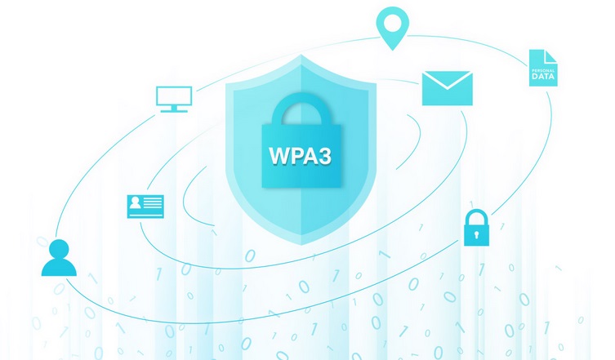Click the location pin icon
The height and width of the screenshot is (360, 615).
(x=391, y=26)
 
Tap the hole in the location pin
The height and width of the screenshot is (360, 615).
(x=391, y=20)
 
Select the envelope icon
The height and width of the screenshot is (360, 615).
(x=447, y=88)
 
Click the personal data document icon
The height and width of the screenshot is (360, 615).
(x=542, y=68)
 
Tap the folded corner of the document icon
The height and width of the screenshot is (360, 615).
(x=552, y=55)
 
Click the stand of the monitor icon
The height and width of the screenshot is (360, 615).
(x=174, y=109)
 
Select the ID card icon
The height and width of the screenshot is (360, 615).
(x=145, y=206)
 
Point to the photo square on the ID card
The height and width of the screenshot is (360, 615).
(x=136, y=203)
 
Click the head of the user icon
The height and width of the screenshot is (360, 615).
(x=59, y=248)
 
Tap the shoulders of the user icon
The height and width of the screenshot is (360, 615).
(x=59, y=267)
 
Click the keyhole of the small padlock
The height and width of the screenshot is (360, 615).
(x=476, y=234)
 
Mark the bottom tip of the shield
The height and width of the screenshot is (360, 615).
(x=301, y=244)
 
